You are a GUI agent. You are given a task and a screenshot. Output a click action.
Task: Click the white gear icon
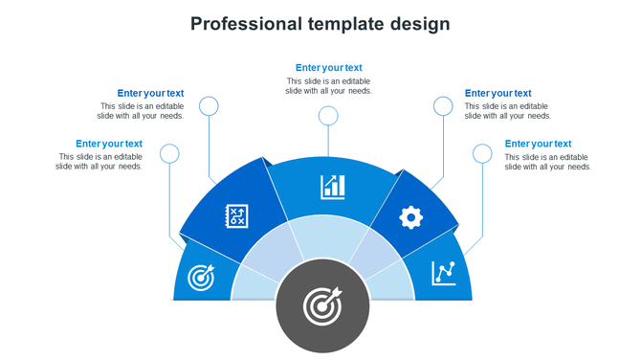410,217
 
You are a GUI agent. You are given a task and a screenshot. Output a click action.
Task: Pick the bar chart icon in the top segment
333,186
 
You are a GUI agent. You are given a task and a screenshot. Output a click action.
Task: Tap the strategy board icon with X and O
235,215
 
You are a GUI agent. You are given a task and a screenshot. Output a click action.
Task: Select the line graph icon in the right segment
443,273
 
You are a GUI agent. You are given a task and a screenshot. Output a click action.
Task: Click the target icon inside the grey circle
321,306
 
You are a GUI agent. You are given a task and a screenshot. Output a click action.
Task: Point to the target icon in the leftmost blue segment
201,278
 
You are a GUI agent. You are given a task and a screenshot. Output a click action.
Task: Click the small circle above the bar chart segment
328,116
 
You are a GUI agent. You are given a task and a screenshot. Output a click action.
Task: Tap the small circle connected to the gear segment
443,105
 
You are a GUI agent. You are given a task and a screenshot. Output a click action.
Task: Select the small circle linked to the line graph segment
482,153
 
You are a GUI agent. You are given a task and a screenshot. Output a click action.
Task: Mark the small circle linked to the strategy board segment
209,105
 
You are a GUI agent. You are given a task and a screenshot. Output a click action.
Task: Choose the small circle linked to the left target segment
169,153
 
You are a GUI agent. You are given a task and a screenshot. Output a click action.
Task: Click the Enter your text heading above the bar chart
328,68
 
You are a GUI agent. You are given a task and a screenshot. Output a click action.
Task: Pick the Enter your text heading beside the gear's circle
497,93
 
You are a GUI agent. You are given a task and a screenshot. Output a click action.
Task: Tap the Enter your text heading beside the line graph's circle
538,144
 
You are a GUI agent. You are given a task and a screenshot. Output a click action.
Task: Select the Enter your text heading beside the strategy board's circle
150,93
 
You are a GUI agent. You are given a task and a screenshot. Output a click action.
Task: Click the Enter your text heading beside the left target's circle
109,144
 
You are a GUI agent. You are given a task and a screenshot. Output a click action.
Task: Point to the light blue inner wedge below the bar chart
324,236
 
